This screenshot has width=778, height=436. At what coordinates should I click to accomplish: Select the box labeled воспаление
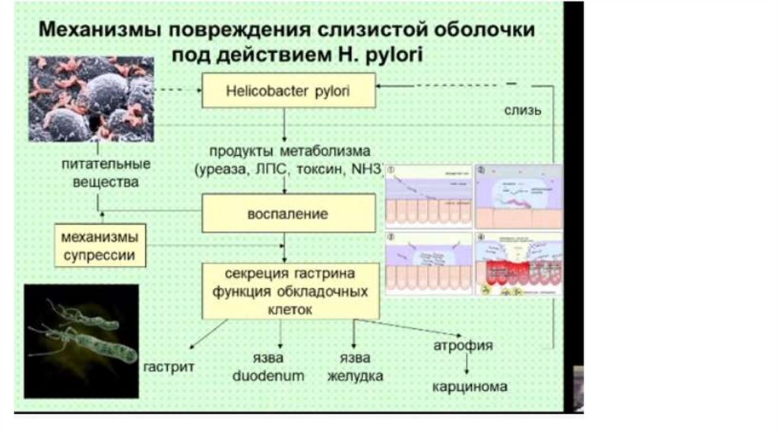tap(288, 213)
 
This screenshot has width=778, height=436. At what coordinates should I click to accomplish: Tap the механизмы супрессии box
tap(100, 245)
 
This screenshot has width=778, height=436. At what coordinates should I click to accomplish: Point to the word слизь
tap(523, 111)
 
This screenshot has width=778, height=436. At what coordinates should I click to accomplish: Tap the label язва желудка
tap(355, 366)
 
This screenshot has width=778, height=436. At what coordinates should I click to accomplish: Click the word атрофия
tap(463, 346)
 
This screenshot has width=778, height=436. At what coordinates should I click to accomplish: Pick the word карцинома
tap(470, 387)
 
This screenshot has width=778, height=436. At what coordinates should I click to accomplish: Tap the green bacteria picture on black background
tap(81, 340)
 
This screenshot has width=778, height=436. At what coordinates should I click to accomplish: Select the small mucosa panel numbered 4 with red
tap(519, 267)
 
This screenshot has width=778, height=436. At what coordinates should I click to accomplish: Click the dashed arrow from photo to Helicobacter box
tap(178, 90)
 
